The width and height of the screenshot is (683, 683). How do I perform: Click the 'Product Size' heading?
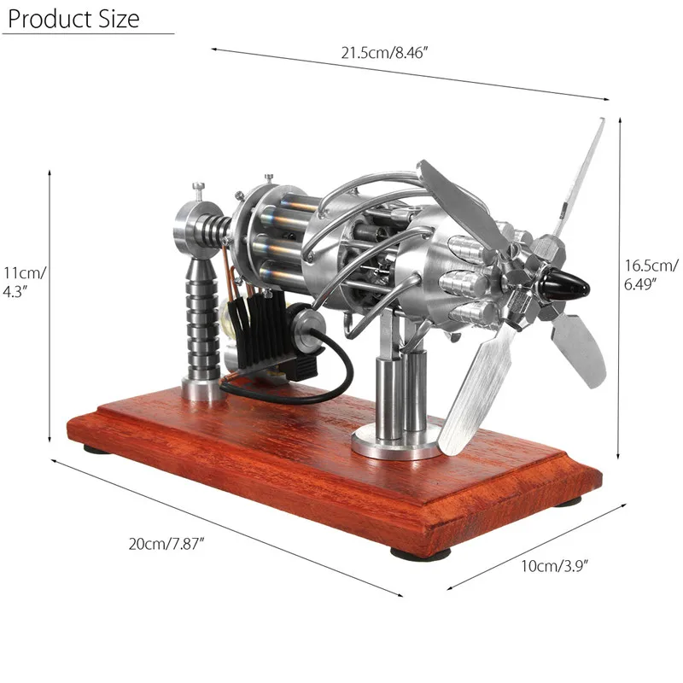73,19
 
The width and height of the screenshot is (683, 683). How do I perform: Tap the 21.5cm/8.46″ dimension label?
385,53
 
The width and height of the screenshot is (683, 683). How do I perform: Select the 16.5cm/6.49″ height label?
651,274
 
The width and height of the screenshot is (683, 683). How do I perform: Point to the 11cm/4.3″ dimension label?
24,282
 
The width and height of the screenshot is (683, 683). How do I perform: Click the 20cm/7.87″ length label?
166,544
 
